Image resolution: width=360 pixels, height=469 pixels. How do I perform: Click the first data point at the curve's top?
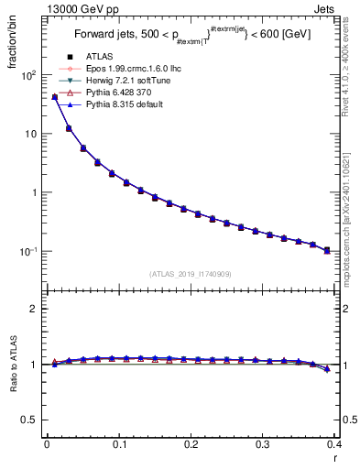(x=55, y=96)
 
